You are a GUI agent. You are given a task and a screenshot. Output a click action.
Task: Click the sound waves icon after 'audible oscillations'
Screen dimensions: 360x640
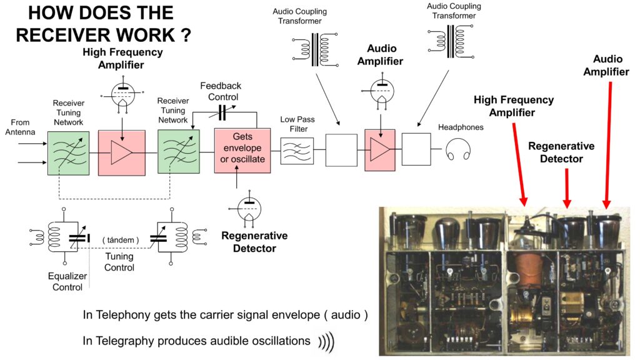tap(326, 341)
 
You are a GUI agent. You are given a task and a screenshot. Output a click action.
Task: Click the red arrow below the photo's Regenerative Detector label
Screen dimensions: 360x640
tap(566, 187)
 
